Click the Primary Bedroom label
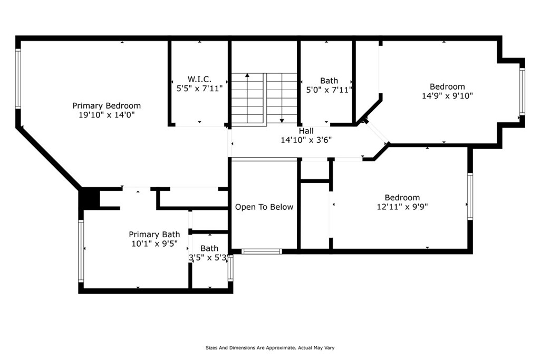point(107,105)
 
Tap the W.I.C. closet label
point(199,79)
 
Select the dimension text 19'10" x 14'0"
point(107,115)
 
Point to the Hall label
point(306,131)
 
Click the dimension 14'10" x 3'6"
point(306,140)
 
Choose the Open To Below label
point(264,207)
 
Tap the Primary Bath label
point(155,235)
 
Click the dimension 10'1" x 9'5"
point(155,244)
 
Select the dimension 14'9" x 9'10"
point(447,96)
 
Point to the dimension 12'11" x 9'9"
point(402,207)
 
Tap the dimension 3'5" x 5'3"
point(209,257)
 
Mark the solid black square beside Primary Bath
point(89,198)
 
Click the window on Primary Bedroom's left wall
point(18,79)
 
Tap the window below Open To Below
point(262,251)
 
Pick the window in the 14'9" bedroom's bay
point(522,92)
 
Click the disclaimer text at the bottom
point(270,347)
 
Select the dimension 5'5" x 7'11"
point(199,89)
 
